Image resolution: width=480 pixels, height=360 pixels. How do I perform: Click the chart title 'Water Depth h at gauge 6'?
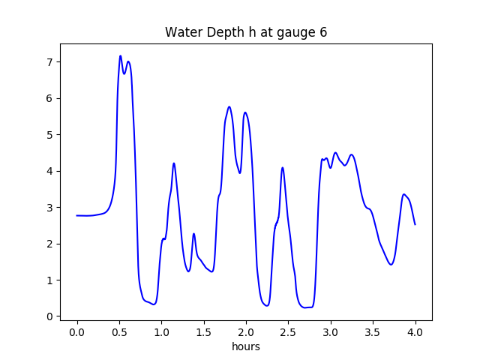pyautogui.click(x=246, y=32)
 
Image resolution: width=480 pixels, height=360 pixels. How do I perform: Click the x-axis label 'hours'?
pyautogui.click(x=246, y=346)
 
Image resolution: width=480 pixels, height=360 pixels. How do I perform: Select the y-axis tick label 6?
pyautogui.click(x=49, y=98)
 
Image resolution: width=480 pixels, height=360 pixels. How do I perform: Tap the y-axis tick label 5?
pyautogui.click(x=49, y=135)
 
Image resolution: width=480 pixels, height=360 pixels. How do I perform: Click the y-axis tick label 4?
pyautogui.click(x=49, y=171)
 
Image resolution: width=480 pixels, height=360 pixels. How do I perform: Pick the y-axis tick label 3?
pyautogui.click(x=49, y=208)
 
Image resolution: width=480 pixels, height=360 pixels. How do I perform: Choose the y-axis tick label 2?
pyautogui.click(x=49, y=244)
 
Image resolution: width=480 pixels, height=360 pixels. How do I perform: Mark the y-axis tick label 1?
pyautogui.click(x=49, y=280)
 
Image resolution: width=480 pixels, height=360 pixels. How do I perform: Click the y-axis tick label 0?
pyautogui.click(x=49, y=316)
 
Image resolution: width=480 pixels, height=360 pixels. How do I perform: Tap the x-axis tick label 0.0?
pyautogui.click(x=76, y=332)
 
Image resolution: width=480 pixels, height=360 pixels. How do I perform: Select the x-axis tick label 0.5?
pyautogui.click(x=118, y=332)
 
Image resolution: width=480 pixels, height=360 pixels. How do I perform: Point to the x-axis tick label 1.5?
pyautogui.click(x=203, y=332)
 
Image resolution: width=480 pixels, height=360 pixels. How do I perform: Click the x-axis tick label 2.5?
pyautogui.click(x=288, y=332)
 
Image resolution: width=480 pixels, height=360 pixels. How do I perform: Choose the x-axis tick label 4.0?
pyautogui.click(x=415, y=332)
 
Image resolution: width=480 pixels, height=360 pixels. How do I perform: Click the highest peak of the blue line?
pyautogui.click(x=120, y=55)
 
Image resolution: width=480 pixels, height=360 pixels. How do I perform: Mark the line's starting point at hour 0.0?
pyautogui.click(x=76, y=215)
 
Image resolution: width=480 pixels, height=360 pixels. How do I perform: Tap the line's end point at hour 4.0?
pyautogui.click(x=415, y=224)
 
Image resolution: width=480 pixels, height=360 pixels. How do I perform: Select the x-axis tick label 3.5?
pyautogui.click(x=373, y=332)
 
